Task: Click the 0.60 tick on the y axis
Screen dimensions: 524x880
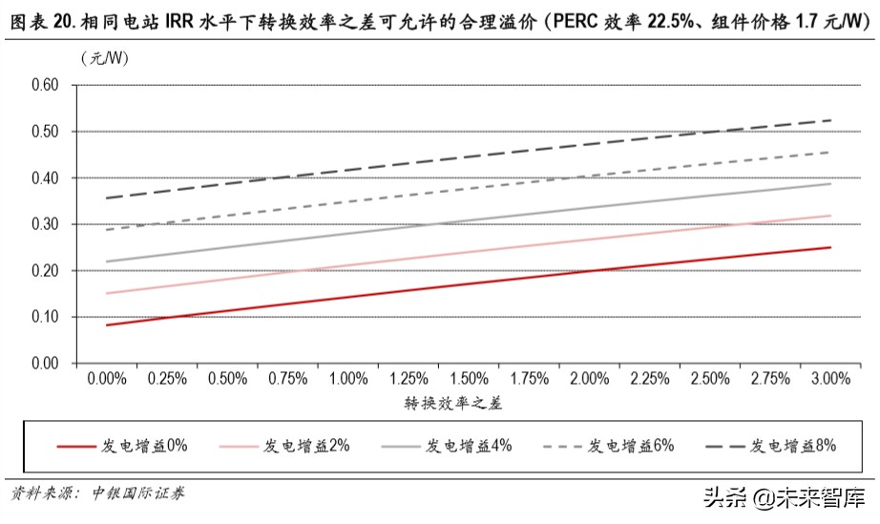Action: pos(44,85)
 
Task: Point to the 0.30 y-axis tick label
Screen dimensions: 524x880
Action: pos(44,224)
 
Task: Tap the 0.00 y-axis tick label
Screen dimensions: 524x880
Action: pos(44,364)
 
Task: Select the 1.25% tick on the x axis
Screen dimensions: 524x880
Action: pos(409,379)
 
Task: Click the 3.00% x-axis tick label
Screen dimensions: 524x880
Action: pos(831,379)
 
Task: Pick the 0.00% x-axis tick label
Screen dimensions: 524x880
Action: pos(107,379)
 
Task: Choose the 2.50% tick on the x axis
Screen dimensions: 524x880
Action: pos(710,379)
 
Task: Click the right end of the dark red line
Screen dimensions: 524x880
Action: pos(830,247)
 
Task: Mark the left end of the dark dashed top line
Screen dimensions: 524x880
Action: pos(107,198)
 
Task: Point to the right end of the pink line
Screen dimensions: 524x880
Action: pos(830,216)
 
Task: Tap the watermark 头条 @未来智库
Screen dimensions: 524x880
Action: pos(785,497)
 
